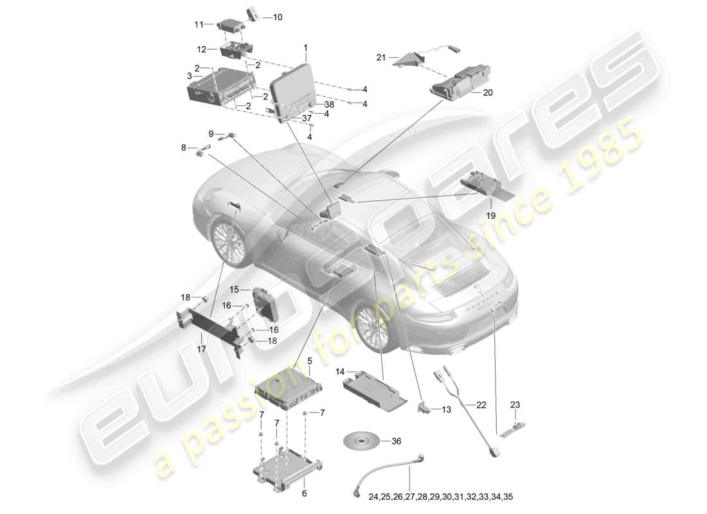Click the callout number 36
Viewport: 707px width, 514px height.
pyautogui.click(x=396, y=441)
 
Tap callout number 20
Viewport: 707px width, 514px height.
pyautogui.click(x=487, y=93)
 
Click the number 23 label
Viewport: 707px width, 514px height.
pyautogui.click(x=515, y=405)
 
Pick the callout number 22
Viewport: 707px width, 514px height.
pyautogui.click(x=481, y=405)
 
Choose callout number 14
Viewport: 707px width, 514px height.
pyautogui.click(x=339, y=371)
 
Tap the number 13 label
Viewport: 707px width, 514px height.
pyautogui.click(x=447, y=409)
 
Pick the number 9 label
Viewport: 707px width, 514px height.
pyautogui.click(x=211, y=134)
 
